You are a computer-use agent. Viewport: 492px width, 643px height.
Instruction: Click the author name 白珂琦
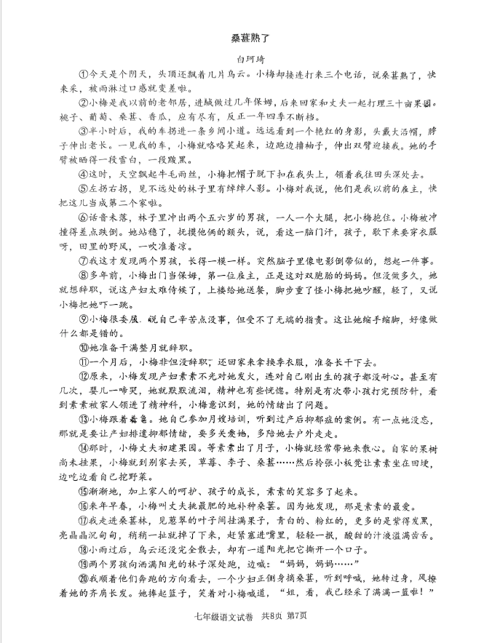point(245,60)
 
